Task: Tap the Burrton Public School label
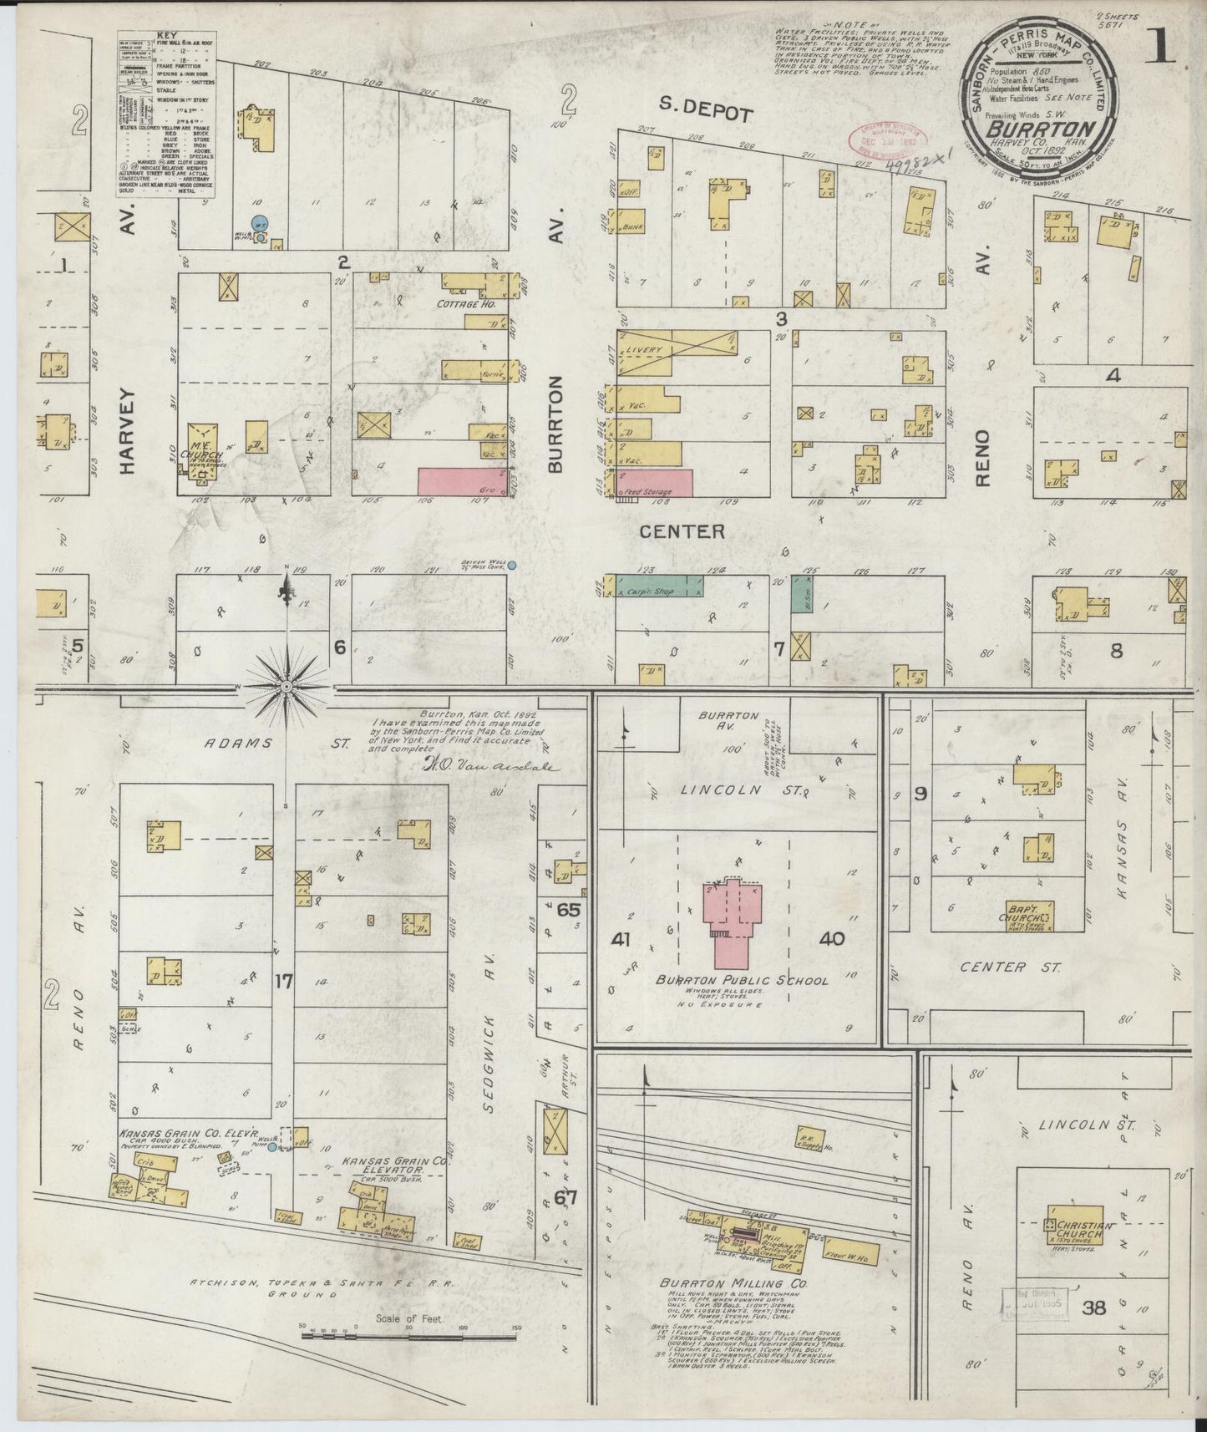point(741,980)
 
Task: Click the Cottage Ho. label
point(466,305)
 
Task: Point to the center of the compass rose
point(287,687)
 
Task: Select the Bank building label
point(632,226)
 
